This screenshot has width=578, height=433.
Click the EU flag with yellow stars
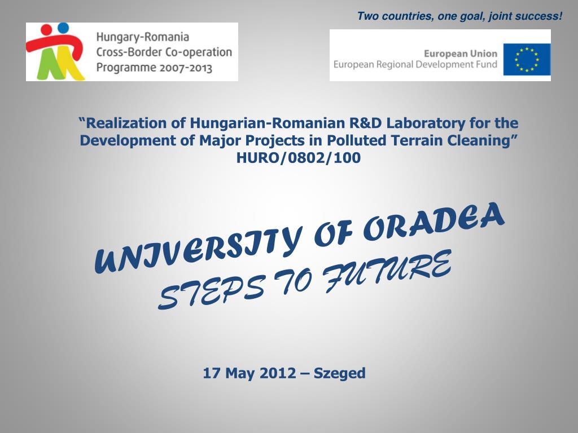click(x=527, y=60)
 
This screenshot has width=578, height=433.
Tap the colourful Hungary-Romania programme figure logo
click(x=55, y=51)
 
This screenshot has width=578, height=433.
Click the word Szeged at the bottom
click(x=339, y=373)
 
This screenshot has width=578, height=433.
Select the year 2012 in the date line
click(x=278, y=373)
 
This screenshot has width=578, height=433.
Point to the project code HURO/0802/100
click(x=298, y=158)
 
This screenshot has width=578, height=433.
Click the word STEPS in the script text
click(x=212, y=293)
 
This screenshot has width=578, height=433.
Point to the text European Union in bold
click(x=461, y=54)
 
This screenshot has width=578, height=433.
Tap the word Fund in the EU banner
click(x=487, y=64)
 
